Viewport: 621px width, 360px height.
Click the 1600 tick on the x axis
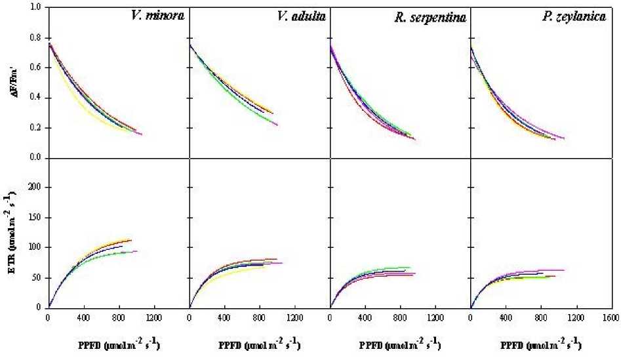click(611, 318)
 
